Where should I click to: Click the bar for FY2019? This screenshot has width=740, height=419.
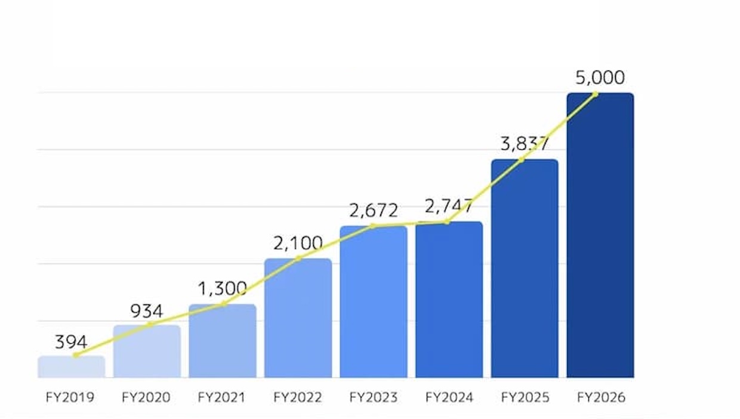71,367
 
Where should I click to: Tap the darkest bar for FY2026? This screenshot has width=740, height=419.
600,239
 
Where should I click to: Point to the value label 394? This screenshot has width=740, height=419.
71,342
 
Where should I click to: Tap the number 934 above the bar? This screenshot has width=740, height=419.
146,311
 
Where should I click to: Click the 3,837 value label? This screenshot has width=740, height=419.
524,144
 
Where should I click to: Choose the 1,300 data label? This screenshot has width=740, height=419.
222,289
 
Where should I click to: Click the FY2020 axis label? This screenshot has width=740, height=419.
146,398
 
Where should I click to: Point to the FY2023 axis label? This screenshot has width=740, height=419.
374,398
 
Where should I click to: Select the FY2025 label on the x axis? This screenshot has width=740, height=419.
525,398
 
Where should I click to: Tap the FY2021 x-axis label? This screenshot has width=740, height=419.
221,398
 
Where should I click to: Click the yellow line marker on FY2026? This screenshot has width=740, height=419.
595,94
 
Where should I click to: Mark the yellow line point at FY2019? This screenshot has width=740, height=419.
76,355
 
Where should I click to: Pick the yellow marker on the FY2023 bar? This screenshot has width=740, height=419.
373,226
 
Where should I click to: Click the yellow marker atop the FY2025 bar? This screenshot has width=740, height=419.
521,159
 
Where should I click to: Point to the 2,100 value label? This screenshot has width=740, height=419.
298,243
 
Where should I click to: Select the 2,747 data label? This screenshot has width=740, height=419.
449,206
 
